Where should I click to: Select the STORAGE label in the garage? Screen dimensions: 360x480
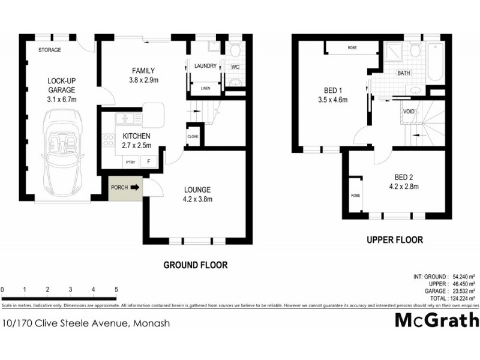pyautogui.click(x=50, y=50)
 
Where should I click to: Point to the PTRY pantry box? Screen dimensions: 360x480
pyautogui.click(x=130, y=161)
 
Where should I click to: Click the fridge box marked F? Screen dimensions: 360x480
pyautogui.click(x=149, y=161)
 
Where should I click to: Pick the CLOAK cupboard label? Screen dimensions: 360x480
pyautogui.click(x=192, y=136)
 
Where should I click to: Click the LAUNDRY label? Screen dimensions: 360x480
pyautogui.click(x=205, y=66)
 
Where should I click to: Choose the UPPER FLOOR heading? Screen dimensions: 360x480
pyautogui.click(x=394, y=240)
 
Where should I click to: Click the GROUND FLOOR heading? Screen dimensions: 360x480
pyautogui.click(x=196, y=264)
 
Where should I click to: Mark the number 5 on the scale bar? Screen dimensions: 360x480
pyautogui.click(x=116, y=289)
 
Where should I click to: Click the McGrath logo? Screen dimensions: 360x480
pyautogui.click(x=436, y=320)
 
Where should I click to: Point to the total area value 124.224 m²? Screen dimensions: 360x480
pyautogui.click(x=460, y=298)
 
